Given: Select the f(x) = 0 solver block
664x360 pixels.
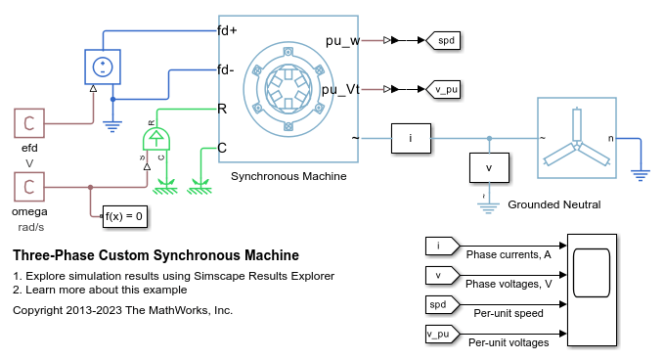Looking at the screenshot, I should tap(123, 215).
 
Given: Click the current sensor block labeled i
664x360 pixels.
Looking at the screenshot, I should tap(411, 139).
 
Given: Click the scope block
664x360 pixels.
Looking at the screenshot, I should tap(593, 291).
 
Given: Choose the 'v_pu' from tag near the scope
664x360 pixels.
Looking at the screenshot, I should tap(441, 334).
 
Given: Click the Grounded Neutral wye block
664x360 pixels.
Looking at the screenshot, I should tap(577, 138).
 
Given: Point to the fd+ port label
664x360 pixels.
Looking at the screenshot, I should tap(228, 30).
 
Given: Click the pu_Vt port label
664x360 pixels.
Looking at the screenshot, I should tap(341, 89).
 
